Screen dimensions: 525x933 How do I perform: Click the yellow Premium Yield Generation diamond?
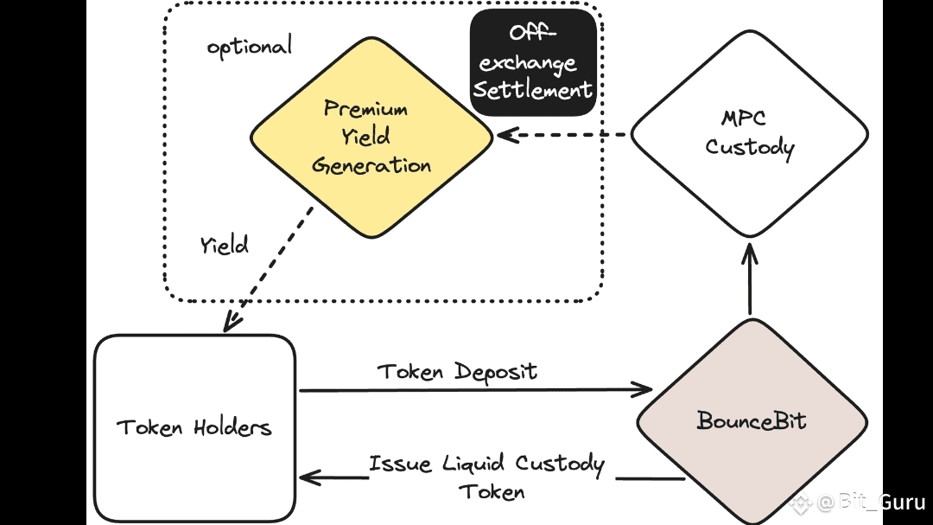point(371,138)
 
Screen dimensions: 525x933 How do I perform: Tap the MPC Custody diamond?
point(749,134)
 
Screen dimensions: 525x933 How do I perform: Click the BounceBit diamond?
point(751,421)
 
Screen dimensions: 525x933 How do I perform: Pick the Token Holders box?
point(194,427)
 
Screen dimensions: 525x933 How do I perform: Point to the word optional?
point(250,45)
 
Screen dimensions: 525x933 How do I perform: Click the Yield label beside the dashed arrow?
point(225,245)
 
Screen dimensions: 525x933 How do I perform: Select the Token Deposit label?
point(457,372)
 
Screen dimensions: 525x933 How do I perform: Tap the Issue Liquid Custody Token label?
point(486,477)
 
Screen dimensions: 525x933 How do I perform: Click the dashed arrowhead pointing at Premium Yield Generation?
point(505,135)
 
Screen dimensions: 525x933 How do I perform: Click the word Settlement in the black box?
point(533,89)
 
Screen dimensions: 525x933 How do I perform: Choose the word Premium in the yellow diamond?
point(365,109)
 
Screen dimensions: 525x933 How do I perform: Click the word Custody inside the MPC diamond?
point(749,147)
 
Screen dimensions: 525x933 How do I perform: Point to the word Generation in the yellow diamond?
point(371,165)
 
